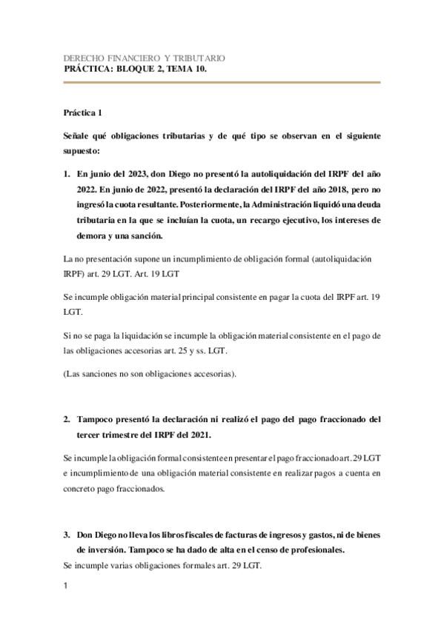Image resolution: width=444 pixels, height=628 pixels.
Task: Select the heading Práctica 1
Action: [x=84, y=113]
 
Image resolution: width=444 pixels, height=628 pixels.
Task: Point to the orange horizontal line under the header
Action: [x=222, y=83]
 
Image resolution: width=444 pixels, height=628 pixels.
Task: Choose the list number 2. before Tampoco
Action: [x=67, y=419]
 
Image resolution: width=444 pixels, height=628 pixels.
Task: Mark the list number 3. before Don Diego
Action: [x=67, y=534]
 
